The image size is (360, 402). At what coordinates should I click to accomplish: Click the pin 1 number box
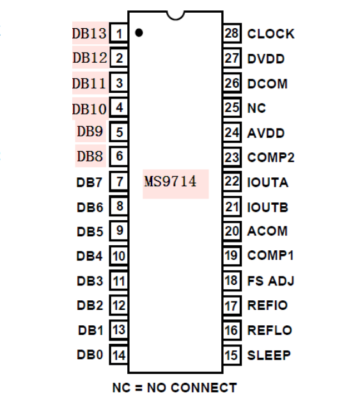pyautogui.click(x=120, y=33)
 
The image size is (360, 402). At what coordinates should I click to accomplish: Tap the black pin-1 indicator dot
pyautogui.click(x=139, y=32)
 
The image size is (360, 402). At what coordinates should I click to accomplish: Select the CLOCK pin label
pyautogui.click(x=270, y=34)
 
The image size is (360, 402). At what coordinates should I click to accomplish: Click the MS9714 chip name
pyautogui.click(x=170, y=182)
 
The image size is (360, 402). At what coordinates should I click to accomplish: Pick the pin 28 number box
pyautogui.click(x=231, y=34)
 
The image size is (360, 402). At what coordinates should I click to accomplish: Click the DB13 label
pyautogui.click(x=90, y=33)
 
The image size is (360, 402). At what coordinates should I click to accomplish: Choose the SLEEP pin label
pyautogui.click(x=269, y=355)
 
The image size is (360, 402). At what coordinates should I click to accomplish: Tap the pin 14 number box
pyautogui.click(x=119, y=355)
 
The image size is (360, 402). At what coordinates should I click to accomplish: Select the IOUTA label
pyautogui.click(x=267, y=182)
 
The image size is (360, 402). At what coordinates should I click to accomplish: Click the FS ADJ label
pyautogui.click(x=270, y=280)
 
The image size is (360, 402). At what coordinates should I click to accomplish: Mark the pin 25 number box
pyautogui.click(x=231, y=108)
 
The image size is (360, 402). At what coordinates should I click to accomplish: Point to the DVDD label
pyautogui.click(x=265, y=59)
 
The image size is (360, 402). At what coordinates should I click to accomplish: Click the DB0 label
pyautogui.click(x=90, y=355)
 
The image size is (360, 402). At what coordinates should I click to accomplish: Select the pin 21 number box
pyautogui.click(x=231, y=207)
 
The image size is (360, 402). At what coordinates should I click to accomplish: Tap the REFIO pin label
pyautogui.click(x=267, y=305)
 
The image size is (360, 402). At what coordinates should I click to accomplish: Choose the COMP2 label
pyautogui.click(x=270, y=157)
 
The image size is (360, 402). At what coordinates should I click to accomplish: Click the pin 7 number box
pyautogui.click(x=120, y=182)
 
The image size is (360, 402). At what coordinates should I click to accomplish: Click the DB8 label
pyautogui.click(x=90, y=156)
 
